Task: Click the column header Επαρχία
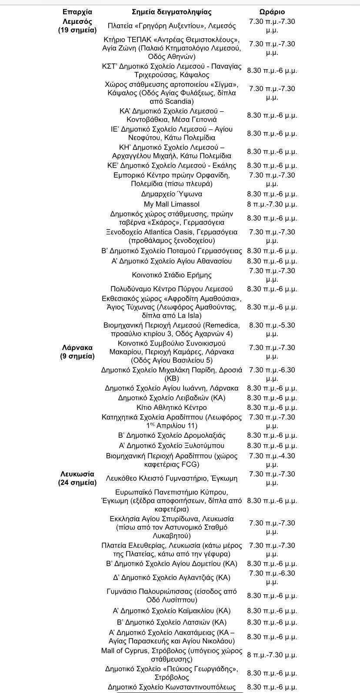pyautogui.click(x=77, y=12)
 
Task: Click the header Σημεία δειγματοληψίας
pyautogui.click(x=171, y=12)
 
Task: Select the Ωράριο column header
pyautogui.click(x=272, y=12)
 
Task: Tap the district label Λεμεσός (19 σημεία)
pyautogui.click(x=77, y=26)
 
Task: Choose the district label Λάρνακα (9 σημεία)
pyautogui.click(x=77, y=352)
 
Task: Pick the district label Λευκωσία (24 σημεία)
pyautogui.click(x=77, y=478)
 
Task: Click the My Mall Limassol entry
pyautogui.click(x=171, y=204)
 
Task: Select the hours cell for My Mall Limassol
pyautogui.click(x=272, y=204)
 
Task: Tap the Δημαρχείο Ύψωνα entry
pyautogui.click(x=171, y=194)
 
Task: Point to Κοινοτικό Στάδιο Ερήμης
pyautogui.click(x=171, y=275)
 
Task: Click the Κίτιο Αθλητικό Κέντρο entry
pyautogui.click(x=171, y=407)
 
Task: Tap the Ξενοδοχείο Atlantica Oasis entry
pyautogui.click(x=171, y=236)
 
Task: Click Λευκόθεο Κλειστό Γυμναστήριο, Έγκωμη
pyautogui.click(x=171, y=478)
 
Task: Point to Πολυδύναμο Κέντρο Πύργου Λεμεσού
pyautogui.click(x=171, y=289)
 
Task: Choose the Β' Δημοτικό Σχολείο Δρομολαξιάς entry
pyautogui.click(x=171, y=435)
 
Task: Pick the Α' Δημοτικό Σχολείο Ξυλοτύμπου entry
pyautogui.click(x=171, y=446)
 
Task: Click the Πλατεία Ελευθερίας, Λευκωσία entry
pyautogui.click(x=171, y=550)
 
